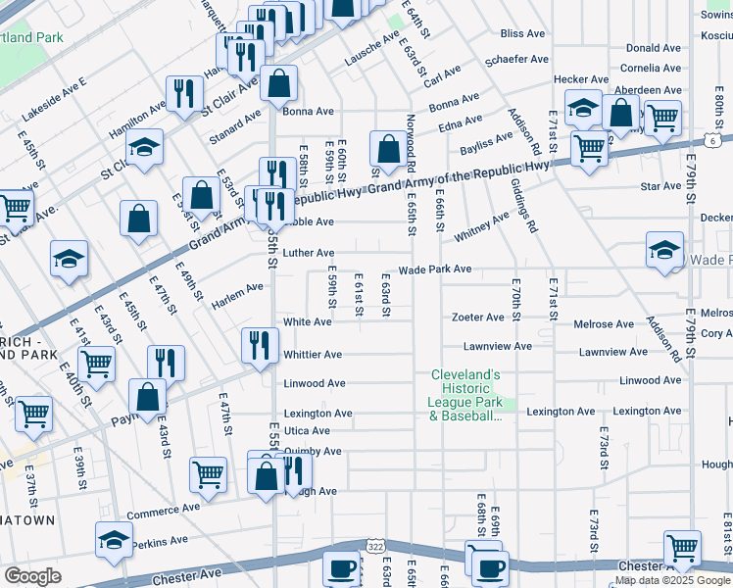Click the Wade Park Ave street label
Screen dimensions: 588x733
click(x=434, y=269)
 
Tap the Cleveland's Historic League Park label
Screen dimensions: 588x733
click(x=465, y=395)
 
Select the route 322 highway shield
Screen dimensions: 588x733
click(x=374, y=544)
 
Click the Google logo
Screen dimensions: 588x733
click(x=32, y=575)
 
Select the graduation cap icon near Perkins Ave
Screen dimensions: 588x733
click(x=114, y=540)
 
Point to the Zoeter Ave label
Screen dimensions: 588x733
click(x=477, y=318)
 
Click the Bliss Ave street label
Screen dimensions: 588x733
click(x=521, y=33)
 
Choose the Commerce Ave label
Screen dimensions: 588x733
click(x=163, y=510)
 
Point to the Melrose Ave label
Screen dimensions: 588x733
click(x=604, y=324)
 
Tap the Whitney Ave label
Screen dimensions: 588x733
click(x=481, y=228)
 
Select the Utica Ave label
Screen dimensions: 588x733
click(x=307, y=431)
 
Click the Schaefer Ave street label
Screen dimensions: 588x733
click(x=517, y=60)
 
